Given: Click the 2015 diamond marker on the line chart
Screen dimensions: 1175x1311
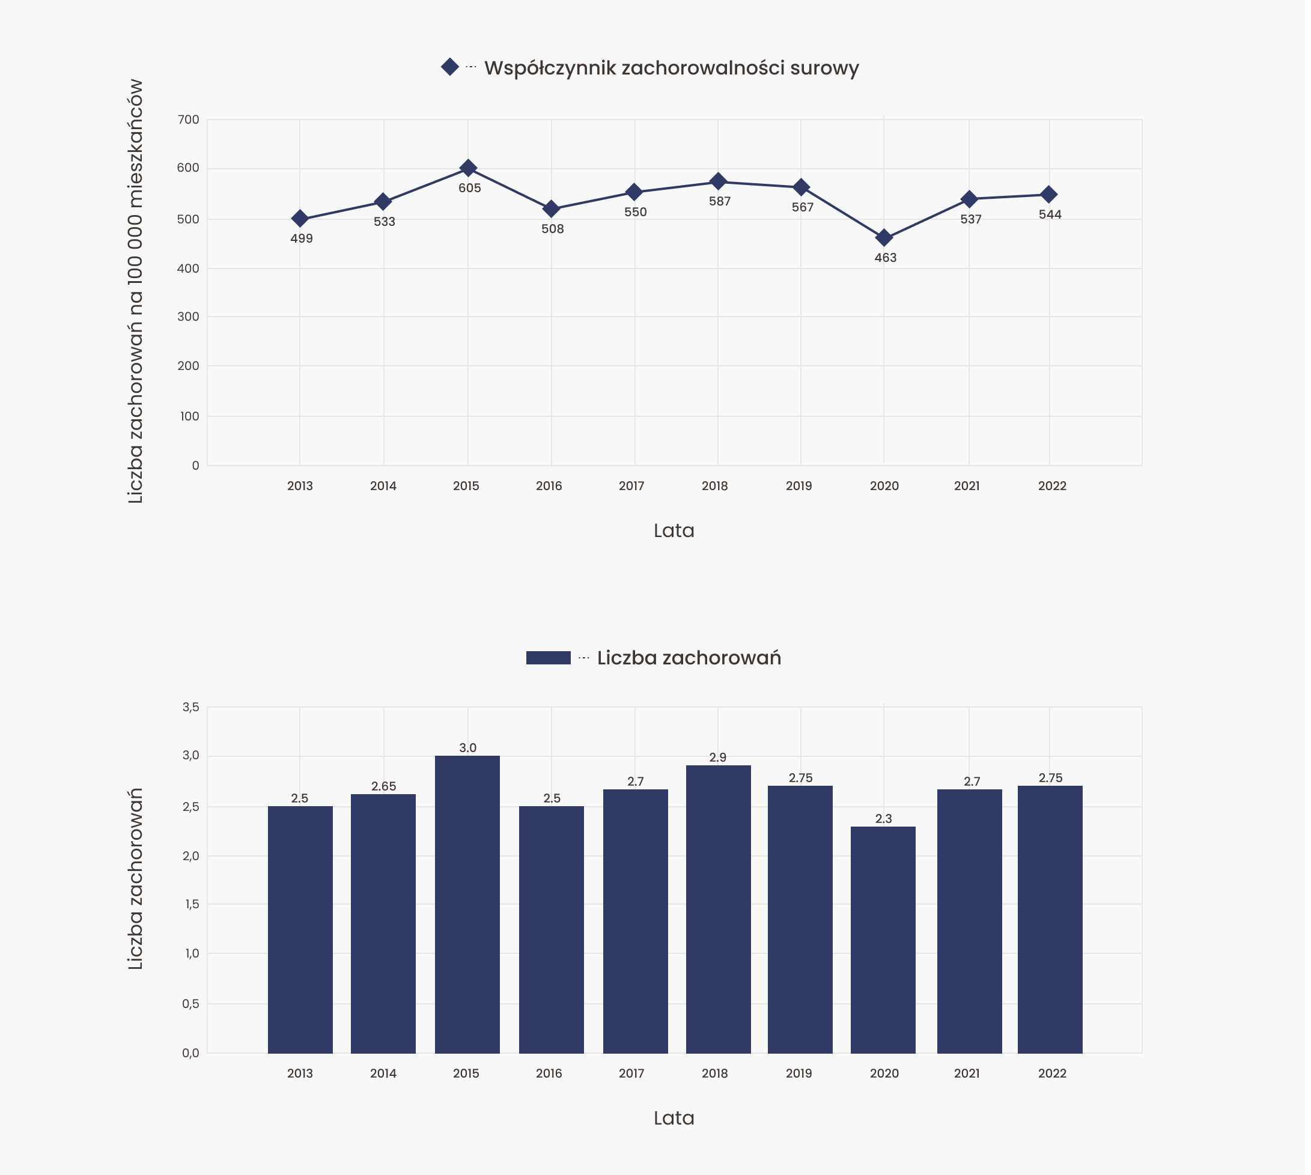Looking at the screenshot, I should (x=468, y=168).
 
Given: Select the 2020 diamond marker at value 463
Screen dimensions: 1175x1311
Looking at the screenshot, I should (x=884, y=237).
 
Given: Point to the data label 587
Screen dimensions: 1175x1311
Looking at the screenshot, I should (x=719, y=201).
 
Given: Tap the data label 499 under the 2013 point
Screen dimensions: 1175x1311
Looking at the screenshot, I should (x=302, y=238).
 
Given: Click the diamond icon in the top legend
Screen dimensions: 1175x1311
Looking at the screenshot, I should (x=450, y=67).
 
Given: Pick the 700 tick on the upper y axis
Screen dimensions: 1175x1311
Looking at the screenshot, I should (x=189, y=120).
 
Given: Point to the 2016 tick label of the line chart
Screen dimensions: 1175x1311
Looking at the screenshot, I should (x=549, y=486).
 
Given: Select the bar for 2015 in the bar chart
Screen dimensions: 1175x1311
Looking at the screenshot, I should (x=467, y=904).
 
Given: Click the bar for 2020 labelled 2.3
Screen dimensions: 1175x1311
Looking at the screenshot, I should (x=883, y=940).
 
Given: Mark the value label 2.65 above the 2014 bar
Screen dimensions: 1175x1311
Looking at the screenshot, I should (x=383, y=786).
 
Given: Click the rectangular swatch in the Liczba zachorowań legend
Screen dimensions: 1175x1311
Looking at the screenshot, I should (x=549, y=657).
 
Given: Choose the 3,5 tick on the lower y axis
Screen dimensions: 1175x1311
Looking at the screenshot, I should (x=190, y=707).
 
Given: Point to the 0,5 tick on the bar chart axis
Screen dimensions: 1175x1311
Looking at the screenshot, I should (x=190, y=1004).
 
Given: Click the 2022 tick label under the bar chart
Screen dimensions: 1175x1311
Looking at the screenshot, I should (x=1052, y=1073).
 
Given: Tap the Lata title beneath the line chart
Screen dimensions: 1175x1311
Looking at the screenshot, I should (x=674, y=530).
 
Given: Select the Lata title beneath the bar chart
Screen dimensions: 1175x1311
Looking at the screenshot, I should (x=674, y=1118).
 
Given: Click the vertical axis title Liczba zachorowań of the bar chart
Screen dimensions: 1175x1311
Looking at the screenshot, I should (x=135, y=878).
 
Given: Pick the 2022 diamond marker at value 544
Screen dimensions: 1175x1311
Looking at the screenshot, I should (x=1050, y=194).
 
